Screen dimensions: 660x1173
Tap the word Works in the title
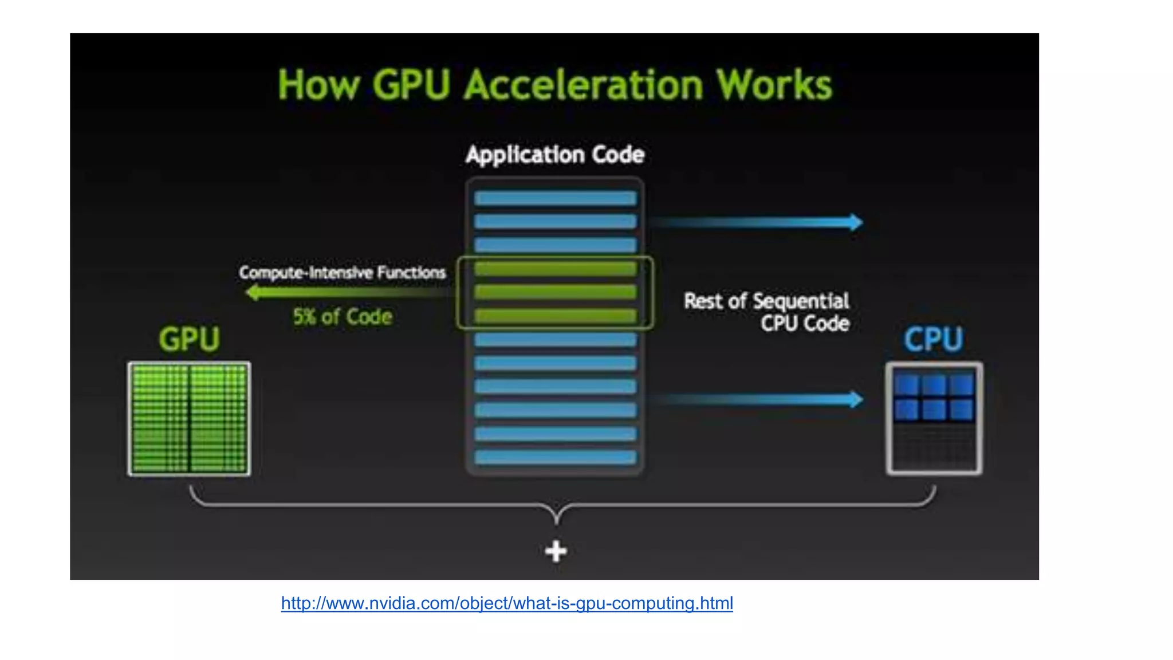774,85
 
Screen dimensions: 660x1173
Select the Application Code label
555,155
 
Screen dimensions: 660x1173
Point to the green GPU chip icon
189,419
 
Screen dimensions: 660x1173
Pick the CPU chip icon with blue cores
934,418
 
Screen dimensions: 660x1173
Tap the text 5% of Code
343,317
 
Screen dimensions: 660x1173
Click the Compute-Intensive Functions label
343,272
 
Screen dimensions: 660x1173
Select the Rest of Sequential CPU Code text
767,312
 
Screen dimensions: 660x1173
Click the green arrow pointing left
344,293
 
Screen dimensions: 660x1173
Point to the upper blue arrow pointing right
756,222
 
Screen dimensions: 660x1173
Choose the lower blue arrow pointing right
756,399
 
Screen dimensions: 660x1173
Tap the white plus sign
556,551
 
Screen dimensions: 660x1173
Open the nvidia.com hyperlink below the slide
507,603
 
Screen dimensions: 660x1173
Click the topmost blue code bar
555,199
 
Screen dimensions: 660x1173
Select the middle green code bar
555,292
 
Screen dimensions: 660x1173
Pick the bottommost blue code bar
555,457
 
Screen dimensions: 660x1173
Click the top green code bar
555,269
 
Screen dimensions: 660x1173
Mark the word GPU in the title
411,85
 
